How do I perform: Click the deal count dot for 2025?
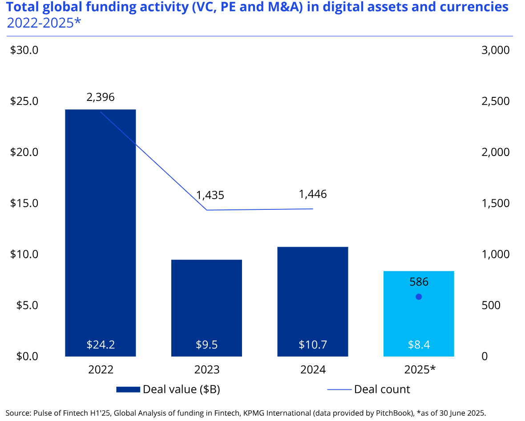click(418, 297)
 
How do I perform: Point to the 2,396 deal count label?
click(101, 97)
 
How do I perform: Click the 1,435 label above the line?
click(210, 195)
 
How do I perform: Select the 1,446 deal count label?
click(313, 194)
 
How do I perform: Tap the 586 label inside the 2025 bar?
click(419, 282)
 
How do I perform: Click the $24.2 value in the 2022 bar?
click(101, 345)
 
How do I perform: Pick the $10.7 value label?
click(313, 345)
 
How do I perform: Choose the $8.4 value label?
click(419, 345)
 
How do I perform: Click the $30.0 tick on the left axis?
click(24, 50)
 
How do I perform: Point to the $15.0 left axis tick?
click(24, 203)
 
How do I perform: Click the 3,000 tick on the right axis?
click(495, 50)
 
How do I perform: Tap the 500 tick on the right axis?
click(491, 305)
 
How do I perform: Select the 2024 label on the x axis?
click(313, 370)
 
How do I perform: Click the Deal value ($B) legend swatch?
click(128, 390)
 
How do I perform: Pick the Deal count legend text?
click(382, 389)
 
